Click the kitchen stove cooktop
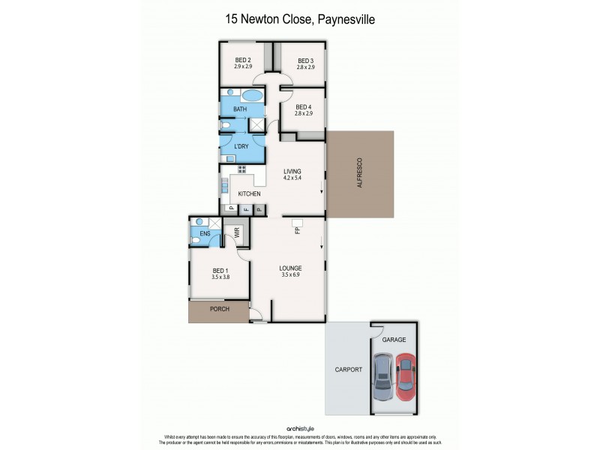(x=242, y=169)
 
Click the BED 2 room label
(x=242, y=61)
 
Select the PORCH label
(x=219, y=309)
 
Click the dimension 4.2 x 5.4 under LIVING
(x=292, y=178)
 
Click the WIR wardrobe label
(x=236, y=233)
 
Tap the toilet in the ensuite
(x=196, y=238)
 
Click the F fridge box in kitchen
(x=244, y=208)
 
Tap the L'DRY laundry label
(x=241, y=145)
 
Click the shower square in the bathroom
(x=257, y=125)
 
